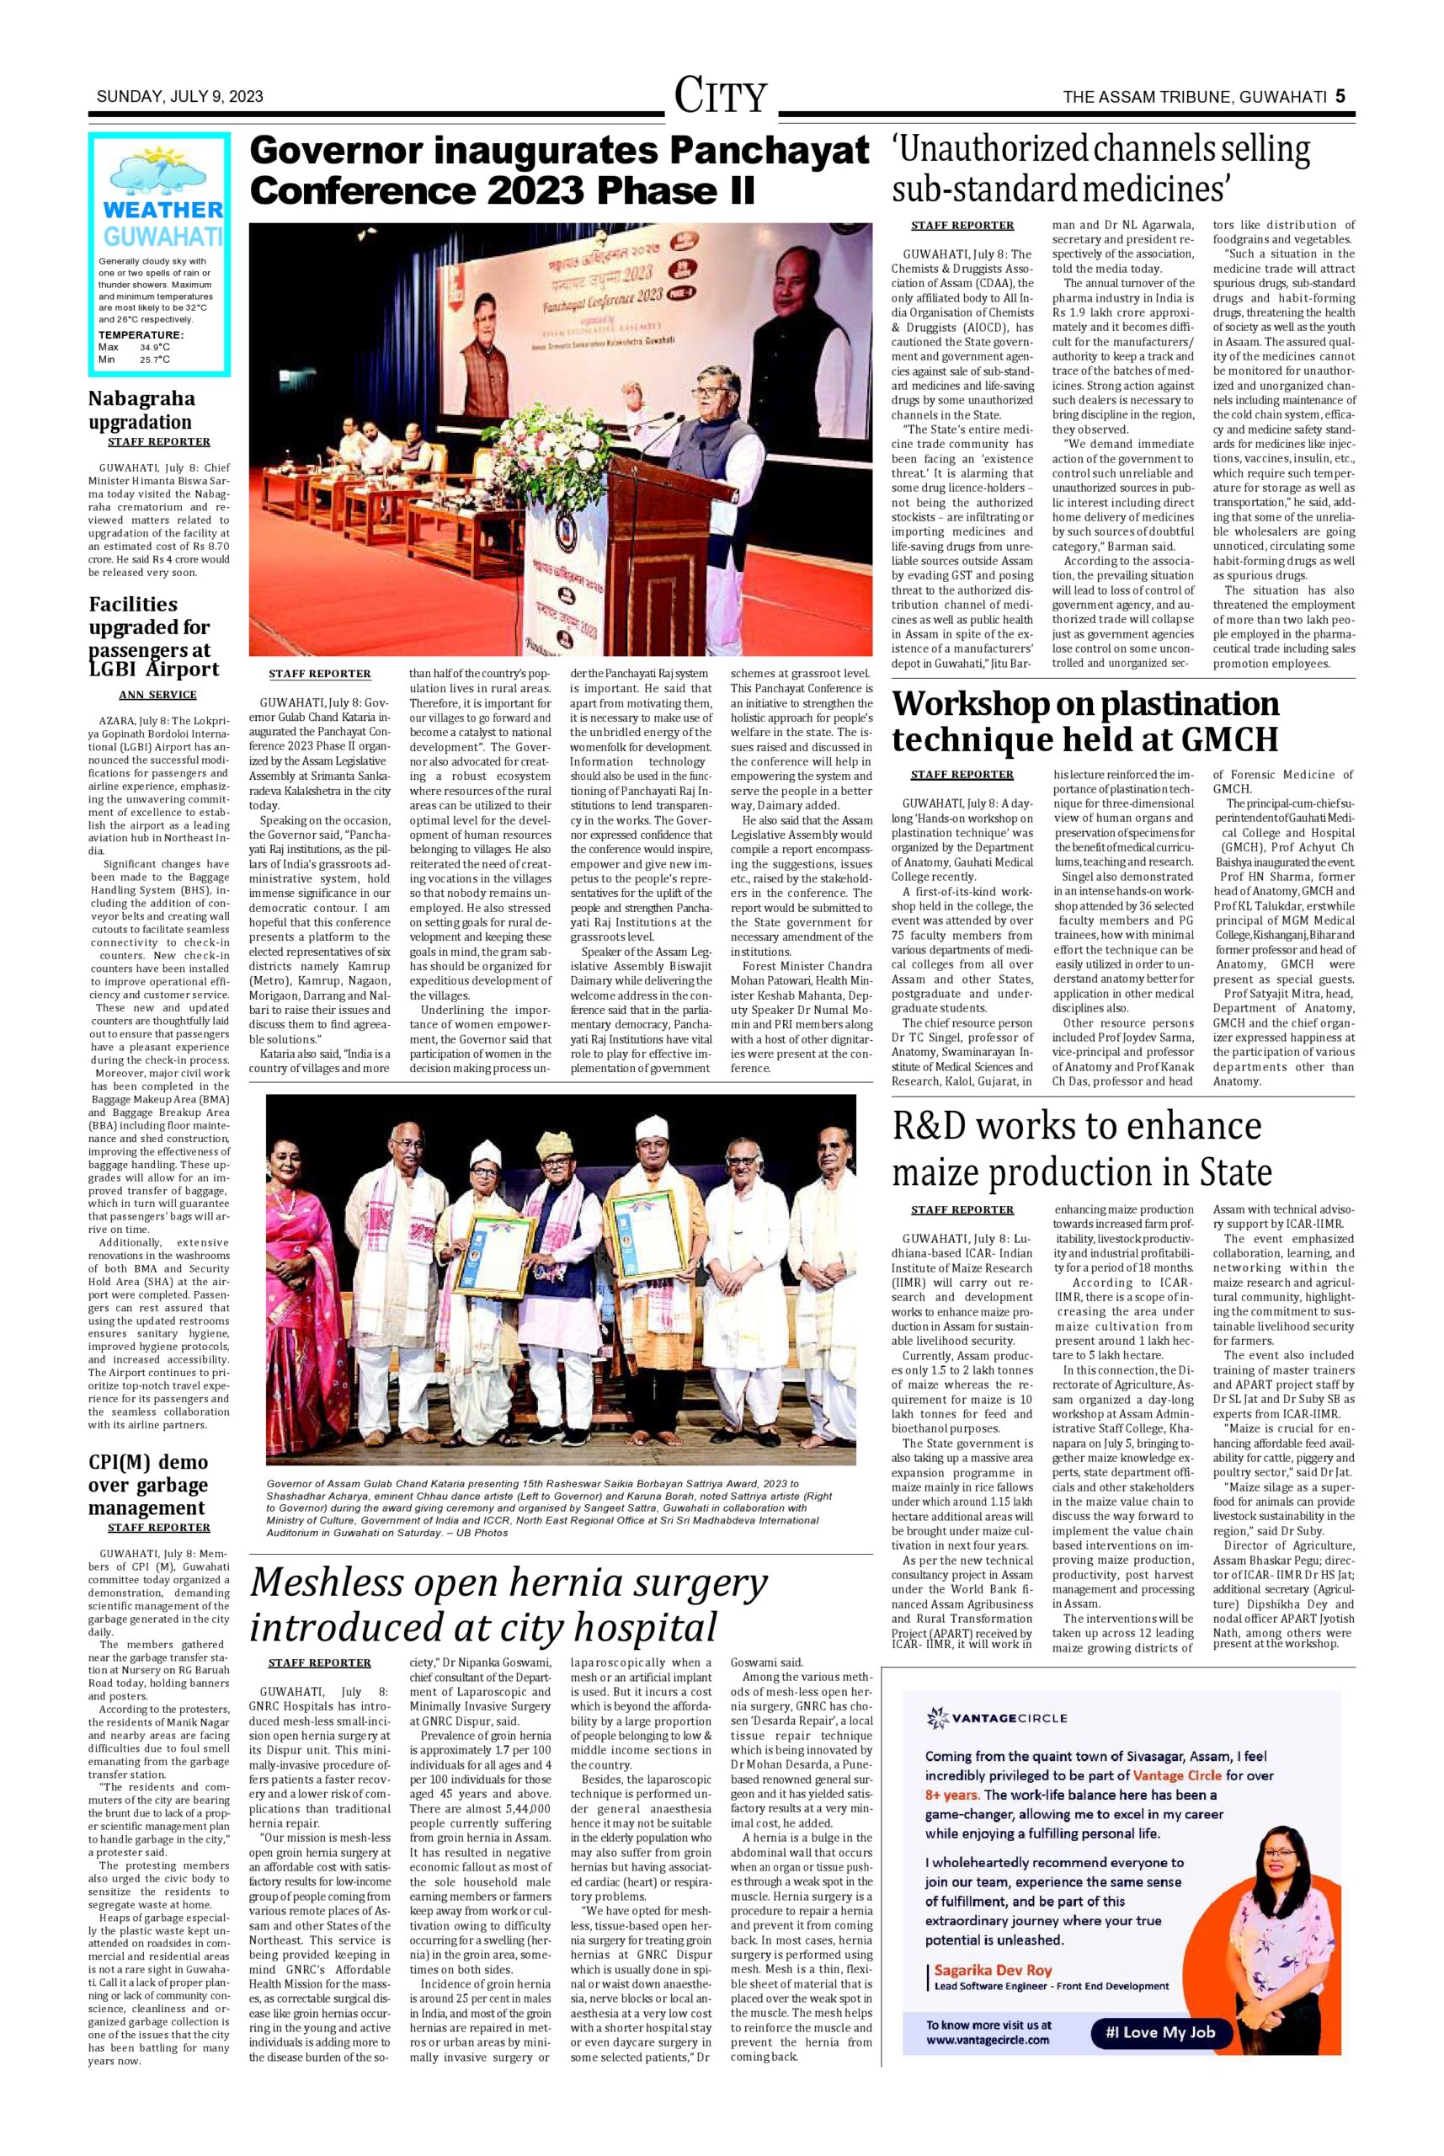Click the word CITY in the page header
720,96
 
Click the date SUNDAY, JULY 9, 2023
179,97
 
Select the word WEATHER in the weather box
162,210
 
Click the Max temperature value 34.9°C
154,347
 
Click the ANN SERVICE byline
157,695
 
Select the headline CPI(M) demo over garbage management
148,1485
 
